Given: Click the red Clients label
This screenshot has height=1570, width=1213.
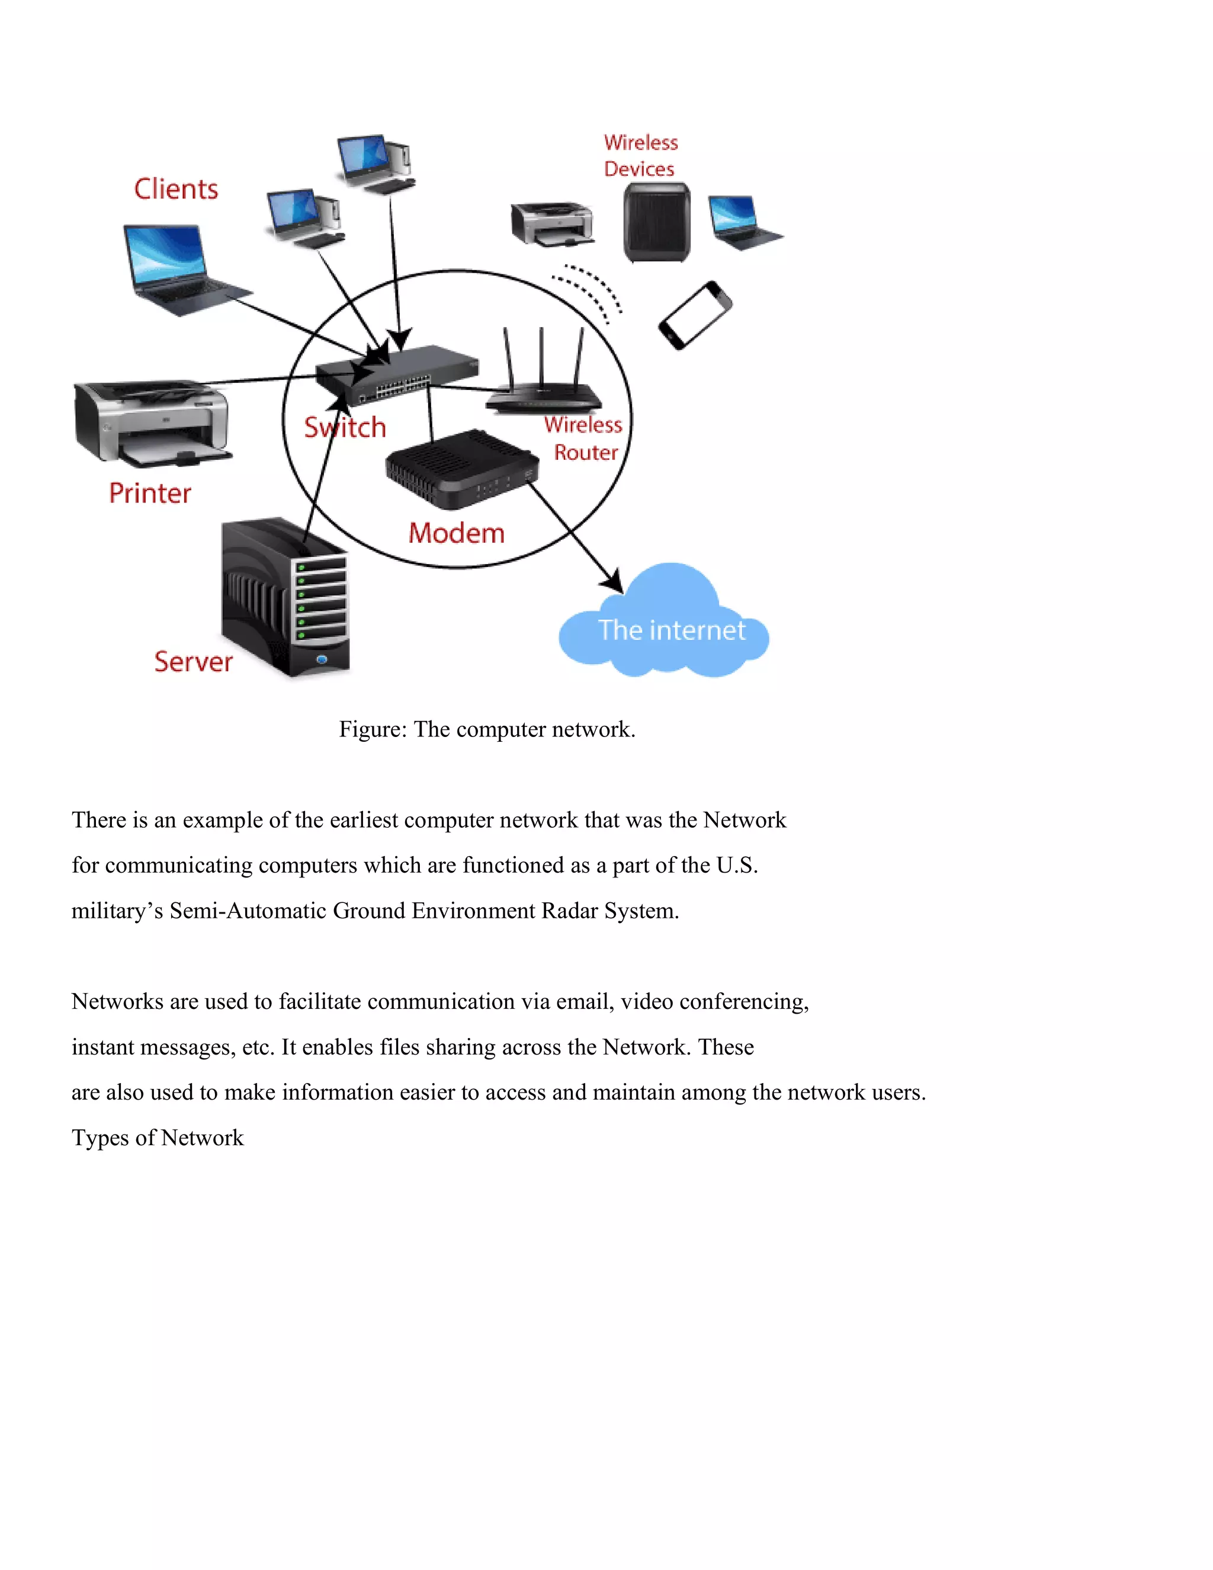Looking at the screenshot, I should click(176, 189).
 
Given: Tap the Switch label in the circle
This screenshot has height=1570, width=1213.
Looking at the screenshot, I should click(345, 428).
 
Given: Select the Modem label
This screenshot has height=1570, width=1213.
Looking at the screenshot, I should click(456, 533).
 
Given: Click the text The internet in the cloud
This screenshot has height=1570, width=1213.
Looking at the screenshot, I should click(671, 630).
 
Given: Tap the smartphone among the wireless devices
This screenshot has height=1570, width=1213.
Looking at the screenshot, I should click(695, 316).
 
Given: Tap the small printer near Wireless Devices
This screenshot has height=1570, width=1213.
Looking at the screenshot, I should click(552, 223).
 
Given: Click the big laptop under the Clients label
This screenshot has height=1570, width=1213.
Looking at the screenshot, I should click(179, 270).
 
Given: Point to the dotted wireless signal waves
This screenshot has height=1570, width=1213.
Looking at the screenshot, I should click(589, 291).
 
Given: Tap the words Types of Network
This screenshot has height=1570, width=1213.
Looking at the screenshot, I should click(158, 1138).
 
